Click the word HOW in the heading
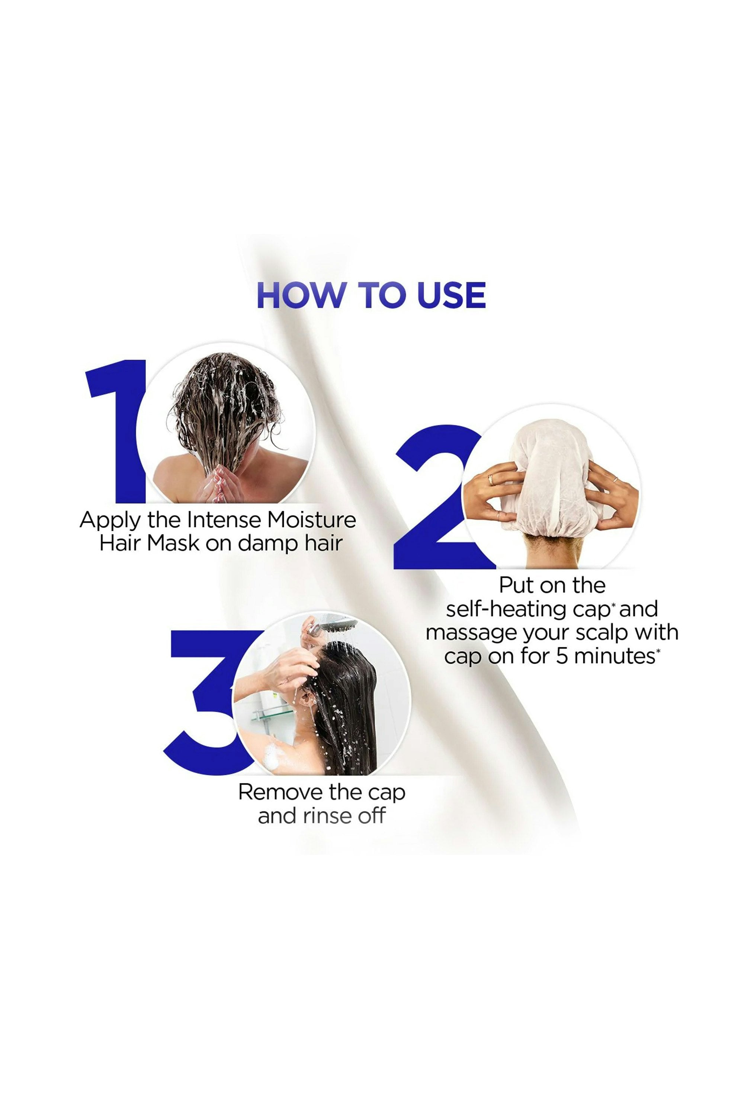(301, 295)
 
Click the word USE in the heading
(451, 295)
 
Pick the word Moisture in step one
(311, 520)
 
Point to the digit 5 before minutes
(562, 656)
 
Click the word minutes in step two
(615, 656)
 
